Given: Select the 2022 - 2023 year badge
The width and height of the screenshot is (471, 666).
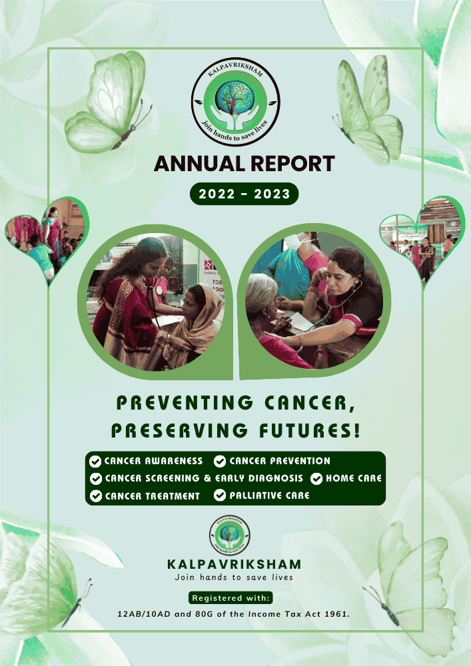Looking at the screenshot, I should [x=244, y=194].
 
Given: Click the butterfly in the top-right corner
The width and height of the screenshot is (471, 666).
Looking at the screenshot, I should [x=368, y=107].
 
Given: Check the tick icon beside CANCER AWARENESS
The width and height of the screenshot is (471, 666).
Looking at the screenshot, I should [x=95, y=461].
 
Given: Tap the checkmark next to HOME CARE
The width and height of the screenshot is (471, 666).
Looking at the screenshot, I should [x=316, y=478].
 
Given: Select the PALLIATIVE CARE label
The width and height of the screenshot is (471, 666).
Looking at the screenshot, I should [x=270, y=496].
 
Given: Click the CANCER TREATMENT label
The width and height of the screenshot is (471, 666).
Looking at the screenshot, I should [x=152, y=496].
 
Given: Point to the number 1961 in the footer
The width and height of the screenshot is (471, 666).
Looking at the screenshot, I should [x=335, y=613].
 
